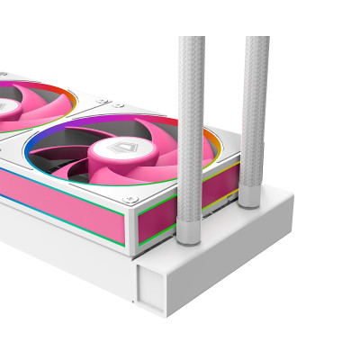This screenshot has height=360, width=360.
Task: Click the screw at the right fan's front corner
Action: coord(132,196)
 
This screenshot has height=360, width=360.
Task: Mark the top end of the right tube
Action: coord(256,40)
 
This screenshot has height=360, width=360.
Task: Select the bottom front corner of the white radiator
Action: coord(166,316)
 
